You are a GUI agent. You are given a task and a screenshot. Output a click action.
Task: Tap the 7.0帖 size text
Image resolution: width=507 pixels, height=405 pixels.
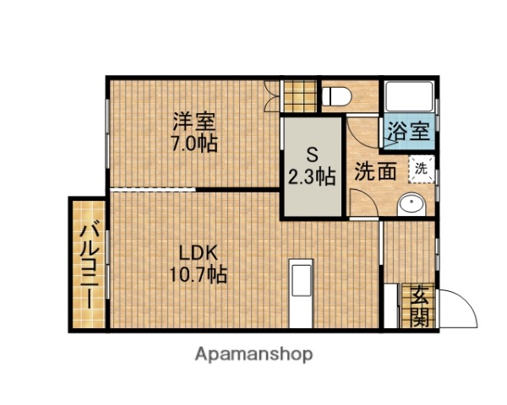(194, 143)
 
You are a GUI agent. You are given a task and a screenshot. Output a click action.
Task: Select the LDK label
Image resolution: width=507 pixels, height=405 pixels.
(199, 251)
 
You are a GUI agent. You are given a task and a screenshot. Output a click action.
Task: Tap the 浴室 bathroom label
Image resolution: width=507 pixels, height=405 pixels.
(410, 132)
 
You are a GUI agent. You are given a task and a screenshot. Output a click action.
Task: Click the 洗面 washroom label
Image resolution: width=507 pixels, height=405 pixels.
(375, 171)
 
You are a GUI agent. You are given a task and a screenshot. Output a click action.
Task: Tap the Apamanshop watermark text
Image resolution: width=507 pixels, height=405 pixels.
(253, 354)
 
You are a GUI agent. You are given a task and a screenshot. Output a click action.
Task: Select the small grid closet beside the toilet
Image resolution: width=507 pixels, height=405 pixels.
(298, 94)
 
